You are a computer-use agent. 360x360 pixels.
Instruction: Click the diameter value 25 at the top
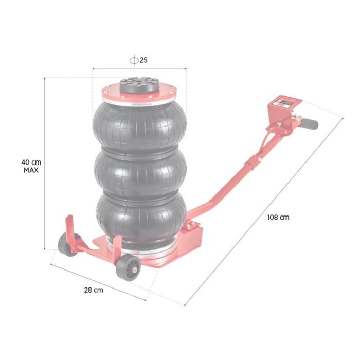[x=143, y=60]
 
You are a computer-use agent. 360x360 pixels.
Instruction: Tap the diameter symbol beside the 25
[x=134, y=60]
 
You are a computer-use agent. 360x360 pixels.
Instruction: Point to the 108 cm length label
[x=278, y=217]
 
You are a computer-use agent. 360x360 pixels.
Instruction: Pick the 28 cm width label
[x=94, y=290]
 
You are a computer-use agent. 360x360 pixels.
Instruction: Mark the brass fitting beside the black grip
[x=297, y=121]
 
